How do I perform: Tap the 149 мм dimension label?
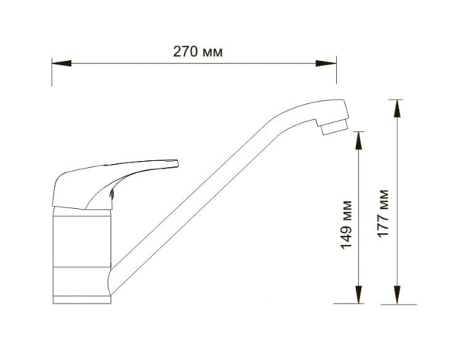(348, 226)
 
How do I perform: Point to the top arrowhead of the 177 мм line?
(396, 108)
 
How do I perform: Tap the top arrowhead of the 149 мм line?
(359, 137)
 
